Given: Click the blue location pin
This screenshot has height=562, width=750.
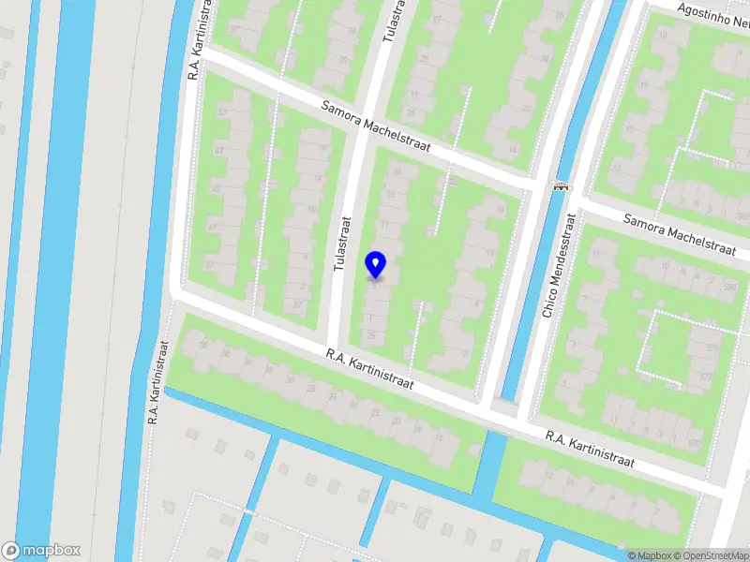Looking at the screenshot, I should click(376, 264).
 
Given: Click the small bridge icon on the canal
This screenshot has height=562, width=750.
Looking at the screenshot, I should click(562, 185).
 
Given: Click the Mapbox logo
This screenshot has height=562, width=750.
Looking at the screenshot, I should click(41, 550).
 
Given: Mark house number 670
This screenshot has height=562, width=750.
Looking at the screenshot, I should click(694, 442).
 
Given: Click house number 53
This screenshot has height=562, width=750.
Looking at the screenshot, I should click(222, 112).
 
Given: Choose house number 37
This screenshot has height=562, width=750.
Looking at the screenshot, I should click(209, 265).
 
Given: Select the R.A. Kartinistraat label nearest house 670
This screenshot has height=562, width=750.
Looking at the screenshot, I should click(591, 450).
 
